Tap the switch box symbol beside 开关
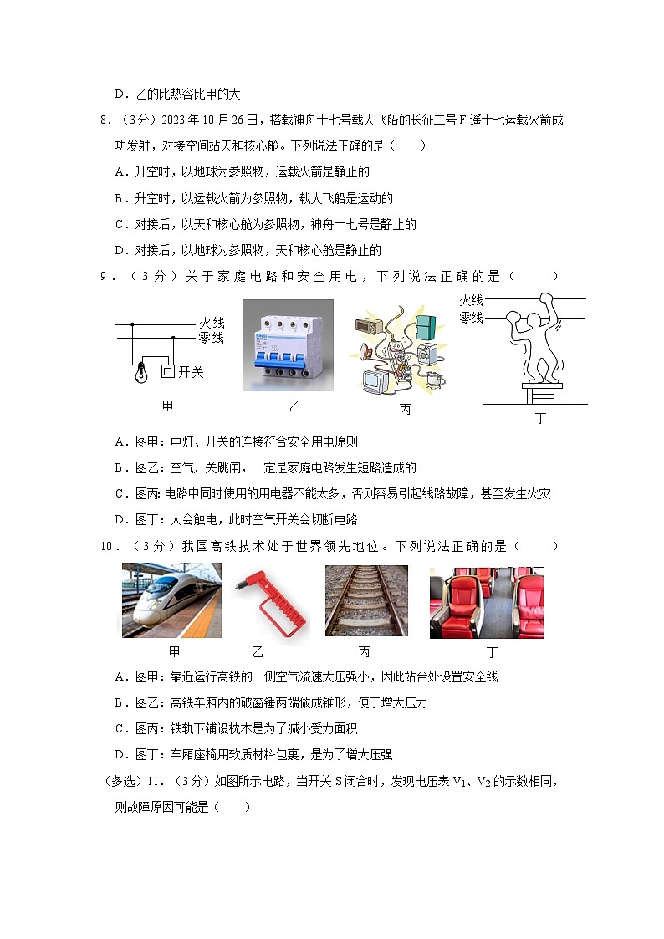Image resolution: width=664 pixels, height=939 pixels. (167, 371)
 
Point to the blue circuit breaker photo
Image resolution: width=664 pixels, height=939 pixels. (288, 345)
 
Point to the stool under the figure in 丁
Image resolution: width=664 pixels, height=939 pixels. (539, 390)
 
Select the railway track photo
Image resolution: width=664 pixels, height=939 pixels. (366, 600)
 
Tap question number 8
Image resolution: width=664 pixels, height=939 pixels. (105, 120)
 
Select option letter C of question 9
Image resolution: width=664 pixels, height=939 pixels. (119, 494)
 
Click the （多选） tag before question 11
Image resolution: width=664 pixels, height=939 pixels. (120, 782)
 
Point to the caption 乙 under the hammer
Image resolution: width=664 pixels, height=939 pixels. (258, 652)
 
